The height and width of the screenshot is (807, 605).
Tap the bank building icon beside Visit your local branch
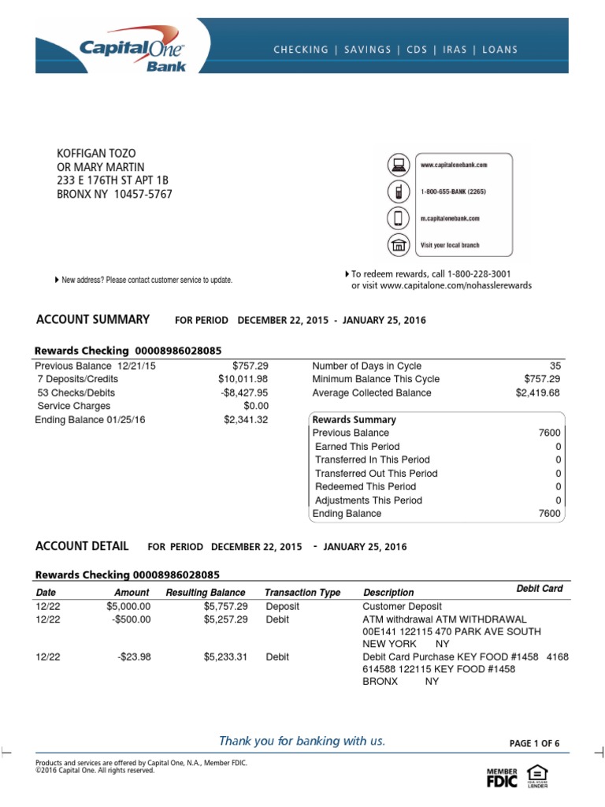(399, 245)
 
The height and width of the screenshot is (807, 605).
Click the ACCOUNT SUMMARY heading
(93, 319)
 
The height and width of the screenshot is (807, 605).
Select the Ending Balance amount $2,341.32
(246, 420)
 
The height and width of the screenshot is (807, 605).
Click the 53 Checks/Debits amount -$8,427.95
(243, 392)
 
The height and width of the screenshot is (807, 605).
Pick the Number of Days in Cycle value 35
(555, 366)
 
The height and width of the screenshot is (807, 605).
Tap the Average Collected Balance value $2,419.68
(538, 392)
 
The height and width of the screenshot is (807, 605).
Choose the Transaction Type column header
(302, 593)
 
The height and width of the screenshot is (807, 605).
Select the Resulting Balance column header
(206, 593)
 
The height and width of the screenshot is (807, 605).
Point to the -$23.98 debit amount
(133, 656)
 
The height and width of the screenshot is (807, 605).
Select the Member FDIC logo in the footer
(501, 776)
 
